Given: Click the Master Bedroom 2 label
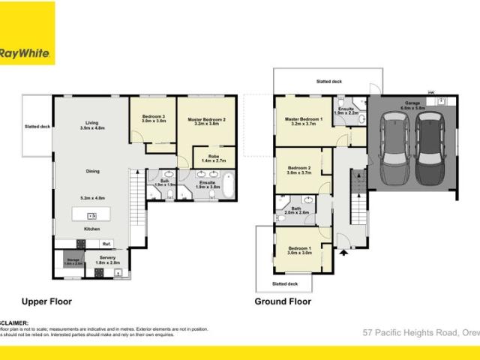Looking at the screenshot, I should pyautogui.click(x=205, y=118).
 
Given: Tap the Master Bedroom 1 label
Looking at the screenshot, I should pyautogui.click(x=303, y=118).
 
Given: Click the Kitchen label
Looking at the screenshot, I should pyautogui.click(x=91, y=228).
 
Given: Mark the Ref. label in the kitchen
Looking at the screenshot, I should pyautogui.click(x=106, y=244).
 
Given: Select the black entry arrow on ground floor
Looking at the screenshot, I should pyautogui.click(x=343, y=253).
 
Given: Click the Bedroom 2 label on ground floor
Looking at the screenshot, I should pyautogui.click(x=298, y=169).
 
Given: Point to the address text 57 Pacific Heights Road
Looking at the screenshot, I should pyautogui.click(x=420, y=331).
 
